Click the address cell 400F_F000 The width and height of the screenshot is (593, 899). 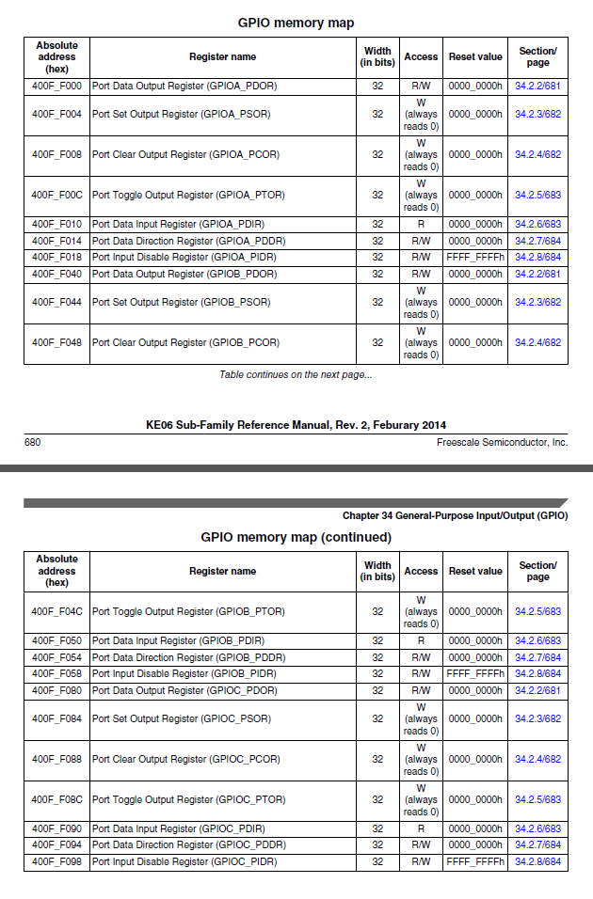pyautogui.click(x=56, y=87)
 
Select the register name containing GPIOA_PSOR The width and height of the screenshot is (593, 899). pyautogui.click(x=181, y=114)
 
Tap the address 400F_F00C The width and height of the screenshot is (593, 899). pyautogui.click(x=56, y=195)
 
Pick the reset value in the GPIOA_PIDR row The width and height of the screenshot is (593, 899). pyautogui.click(x=475, y=257)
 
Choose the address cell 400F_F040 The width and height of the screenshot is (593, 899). pyautogui.click(x=56, y=274)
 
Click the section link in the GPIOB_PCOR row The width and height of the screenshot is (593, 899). pyautogui.click(x=537, y=342)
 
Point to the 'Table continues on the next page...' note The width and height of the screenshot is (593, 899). pyautogui.click(x=296, y=375)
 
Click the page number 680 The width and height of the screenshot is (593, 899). pyautogui.click(x=32, y=442)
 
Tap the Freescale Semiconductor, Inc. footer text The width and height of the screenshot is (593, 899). pyautogui.click(x=503, y=442)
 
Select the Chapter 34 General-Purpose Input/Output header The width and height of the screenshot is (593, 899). pyautogui.click(x=455, y=515)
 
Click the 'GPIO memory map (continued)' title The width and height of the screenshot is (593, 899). pyautogui.click(x=296, y=538)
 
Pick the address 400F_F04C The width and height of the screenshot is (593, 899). pyautogui.click(x=56, y=611)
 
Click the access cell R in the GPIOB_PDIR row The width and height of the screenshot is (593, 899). pyautogui.click(x=421, y=640)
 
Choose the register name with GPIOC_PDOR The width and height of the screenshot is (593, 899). pyautogui.click(x=184, y=690)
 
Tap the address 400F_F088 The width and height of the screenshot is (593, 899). pyautogui.click(x=56, y=759)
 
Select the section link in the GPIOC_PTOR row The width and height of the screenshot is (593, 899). pyautogui.click(x=537, y=799)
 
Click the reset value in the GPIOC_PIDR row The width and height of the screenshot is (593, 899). pyautogui.click(x=475, y=861)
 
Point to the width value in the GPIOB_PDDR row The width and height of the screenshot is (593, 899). pyautogui.click(x=377, y=657)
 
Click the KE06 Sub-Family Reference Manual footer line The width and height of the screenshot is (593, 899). pyautogui.click(x=296, y=425)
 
